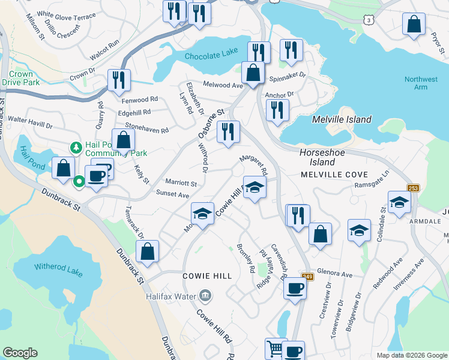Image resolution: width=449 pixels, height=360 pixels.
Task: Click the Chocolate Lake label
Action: (211, 56)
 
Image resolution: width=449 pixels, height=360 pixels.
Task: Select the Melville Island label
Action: (342, 119)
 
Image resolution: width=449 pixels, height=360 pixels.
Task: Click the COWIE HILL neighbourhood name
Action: (207, 275)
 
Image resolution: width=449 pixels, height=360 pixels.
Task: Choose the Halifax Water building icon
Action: (205, 295)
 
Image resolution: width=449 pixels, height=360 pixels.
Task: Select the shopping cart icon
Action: (274, 348)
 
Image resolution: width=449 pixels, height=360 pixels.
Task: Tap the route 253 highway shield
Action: (413, 188)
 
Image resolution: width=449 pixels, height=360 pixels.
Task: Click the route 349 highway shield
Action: (307, 277)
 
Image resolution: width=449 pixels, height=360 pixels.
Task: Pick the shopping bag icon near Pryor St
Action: (414, 25)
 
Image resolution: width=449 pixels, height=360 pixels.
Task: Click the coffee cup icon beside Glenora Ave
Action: (295, 287)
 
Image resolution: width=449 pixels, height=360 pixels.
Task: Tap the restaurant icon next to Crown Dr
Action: (118, 80)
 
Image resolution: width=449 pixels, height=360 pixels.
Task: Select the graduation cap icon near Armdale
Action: (399, 202)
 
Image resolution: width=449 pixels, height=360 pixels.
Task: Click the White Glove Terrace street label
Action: (66, 15)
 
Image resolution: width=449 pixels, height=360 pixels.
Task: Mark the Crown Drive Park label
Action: (20, 78)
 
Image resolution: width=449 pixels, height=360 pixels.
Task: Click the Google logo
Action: (20, 352)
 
